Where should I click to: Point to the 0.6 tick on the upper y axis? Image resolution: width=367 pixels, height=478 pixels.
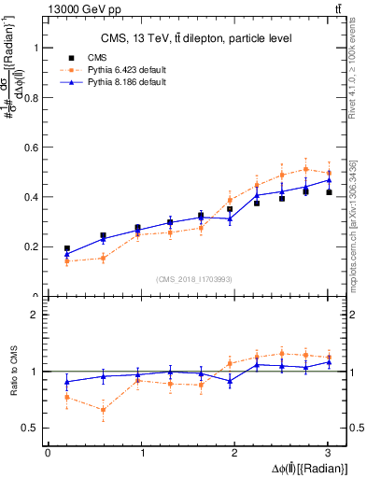[33, 148]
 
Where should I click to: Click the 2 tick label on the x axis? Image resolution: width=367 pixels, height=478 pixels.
[234, 453]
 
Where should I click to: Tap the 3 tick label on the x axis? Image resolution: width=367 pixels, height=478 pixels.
[328, 453]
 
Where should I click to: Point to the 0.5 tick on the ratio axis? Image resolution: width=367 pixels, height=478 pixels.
[33, 428]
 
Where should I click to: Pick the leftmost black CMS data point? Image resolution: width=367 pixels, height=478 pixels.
[66, 248]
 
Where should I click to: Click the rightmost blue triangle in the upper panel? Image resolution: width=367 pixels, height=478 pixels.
[328, 180]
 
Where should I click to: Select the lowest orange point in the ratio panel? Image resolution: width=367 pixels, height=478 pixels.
[103, 410]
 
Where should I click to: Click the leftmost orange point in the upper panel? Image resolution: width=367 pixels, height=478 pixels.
[66, 261]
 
